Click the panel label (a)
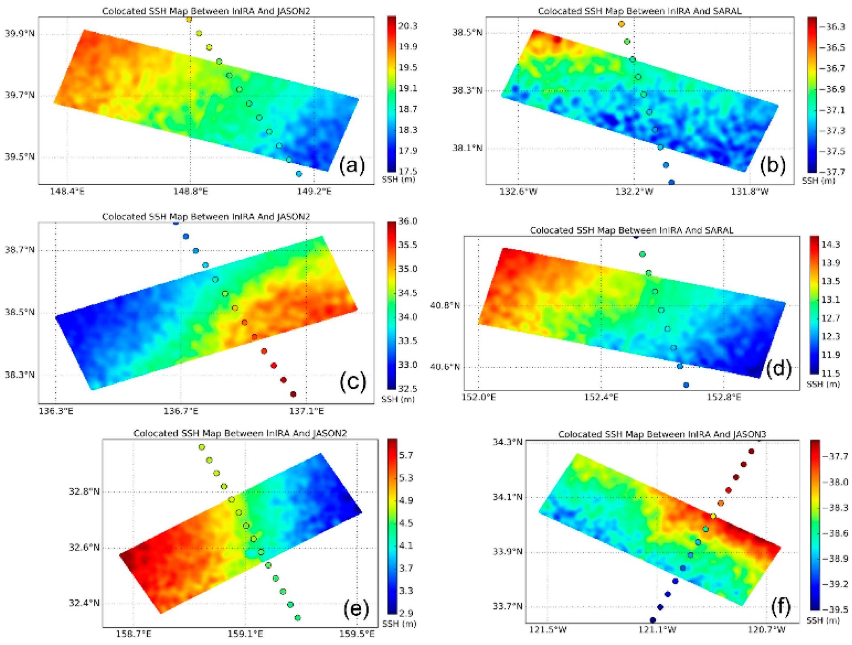[x=351, y=165]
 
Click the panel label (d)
[x=778, y=368]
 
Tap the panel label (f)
[x=780, y=606]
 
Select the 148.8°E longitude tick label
[x=190, y=191]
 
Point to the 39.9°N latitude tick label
[x=19, y=33]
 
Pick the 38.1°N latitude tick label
[x=467, y=148]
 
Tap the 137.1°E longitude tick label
[x=306, y=411]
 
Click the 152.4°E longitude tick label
[x=601, y=397]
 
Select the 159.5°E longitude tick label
[x=356, y=634]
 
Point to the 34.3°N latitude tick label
[x=507, y=442]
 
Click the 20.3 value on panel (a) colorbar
[x=408, y=26]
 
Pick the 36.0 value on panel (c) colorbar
[x=408, y=221]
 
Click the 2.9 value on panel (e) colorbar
[x=406, y=613]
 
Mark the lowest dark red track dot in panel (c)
[x=293, y=394]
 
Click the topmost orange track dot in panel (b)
[x=621, y=24]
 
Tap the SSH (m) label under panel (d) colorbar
[x=823, y=384]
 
